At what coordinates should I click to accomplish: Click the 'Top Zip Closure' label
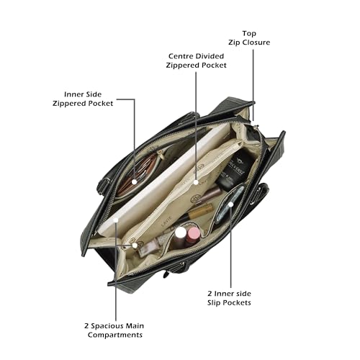point(249,38)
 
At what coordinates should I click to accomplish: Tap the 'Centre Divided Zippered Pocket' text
point(196,60)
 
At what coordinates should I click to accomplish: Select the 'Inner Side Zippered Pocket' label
point(83,99)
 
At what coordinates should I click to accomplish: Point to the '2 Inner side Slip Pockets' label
point(229,298)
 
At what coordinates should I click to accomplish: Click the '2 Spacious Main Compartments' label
point(114,330)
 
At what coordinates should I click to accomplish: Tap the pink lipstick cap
point(194,233)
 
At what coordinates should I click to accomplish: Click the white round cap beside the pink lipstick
point(181,233)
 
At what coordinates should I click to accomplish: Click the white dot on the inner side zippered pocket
point(135,182)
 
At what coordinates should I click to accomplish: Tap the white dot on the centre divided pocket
point(196,182)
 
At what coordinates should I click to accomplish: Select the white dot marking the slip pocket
point(230,204)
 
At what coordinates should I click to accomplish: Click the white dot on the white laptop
point(116,220)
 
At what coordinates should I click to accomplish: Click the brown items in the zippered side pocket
point(137,174)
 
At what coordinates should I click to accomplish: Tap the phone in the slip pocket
point(230,203)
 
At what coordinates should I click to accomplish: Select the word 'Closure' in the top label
point(256,42)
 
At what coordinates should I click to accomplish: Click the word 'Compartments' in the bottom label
point(115,335)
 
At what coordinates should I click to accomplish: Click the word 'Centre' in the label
point(179,56)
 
